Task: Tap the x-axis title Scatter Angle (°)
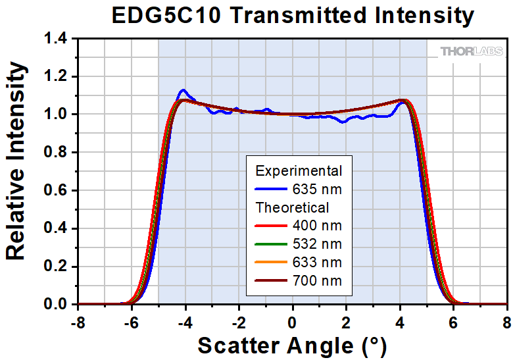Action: (x=292, y=345)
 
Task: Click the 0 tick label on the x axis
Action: (x=293, y=322)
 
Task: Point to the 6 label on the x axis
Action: (x=453, y=322)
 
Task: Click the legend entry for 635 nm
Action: (x=317, y=190)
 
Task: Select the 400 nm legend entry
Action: (x=317, y=226)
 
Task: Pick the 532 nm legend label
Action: (x=317, y=245)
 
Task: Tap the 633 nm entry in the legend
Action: (x=317, y=263)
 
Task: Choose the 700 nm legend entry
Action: (x=317, y=282)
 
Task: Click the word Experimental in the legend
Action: (x=299, y=171)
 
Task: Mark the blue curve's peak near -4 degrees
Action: (x=183, y=90)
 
